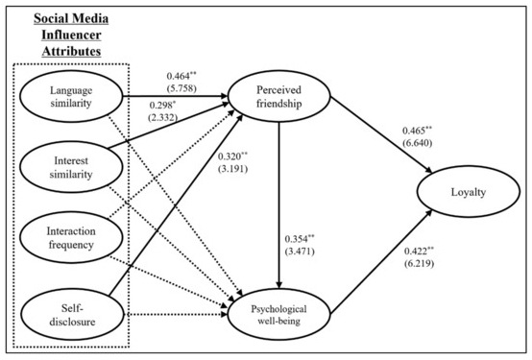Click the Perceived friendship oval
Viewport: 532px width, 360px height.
(279, 96)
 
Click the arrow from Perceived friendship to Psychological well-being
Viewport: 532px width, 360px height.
(279, 192)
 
